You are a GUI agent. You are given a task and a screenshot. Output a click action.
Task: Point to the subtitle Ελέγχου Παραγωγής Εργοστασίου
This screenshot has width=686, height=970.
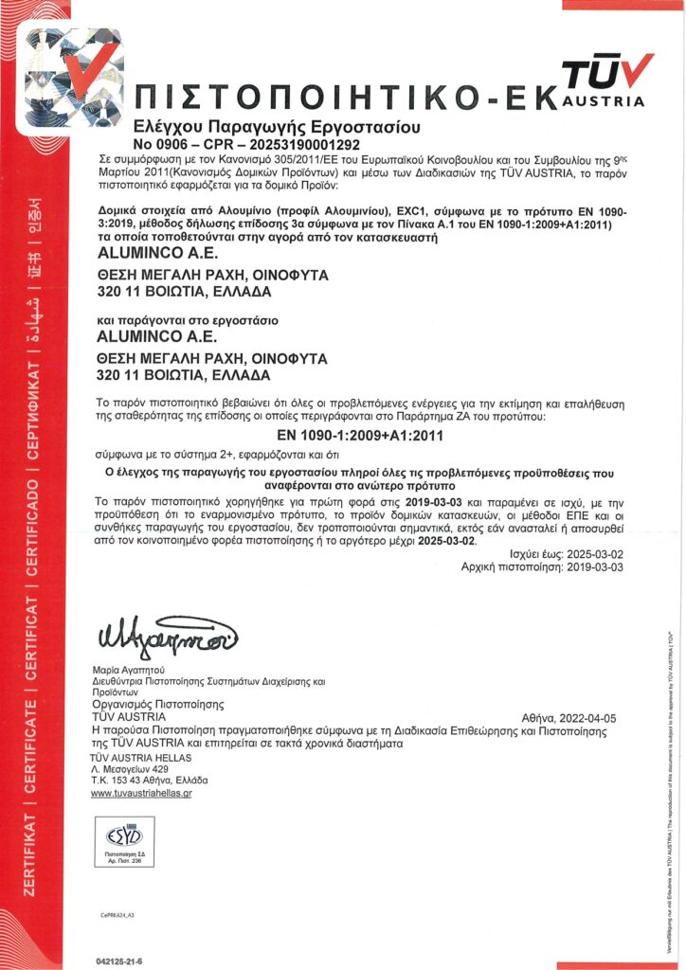click(263, 127)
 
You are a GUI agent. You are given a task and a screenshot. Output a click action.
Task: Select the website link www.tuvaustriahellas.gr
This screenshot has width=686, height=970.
click(141, 793)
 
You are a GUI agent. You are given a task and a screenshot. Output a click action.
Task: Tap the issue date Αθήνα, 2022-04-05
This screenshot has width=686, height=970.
click(569, 718)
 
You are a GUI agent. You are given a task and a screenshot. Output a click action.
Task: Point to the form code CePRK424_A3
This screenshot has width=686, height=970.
click(118, 916)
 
